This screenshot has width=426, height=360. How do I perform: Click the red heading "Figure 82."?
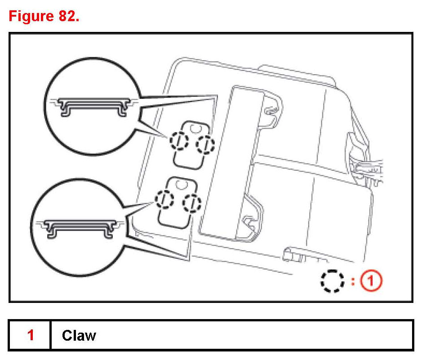click(x=44, y=17)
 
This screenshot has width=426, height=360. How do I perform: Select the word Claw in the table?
click(x=79, y=335)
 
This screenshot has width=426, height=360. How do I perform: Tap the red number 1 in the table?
click(x=31, y=335)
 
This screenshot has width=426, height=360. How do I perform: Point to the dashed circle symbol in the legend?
click(x=332, y=281)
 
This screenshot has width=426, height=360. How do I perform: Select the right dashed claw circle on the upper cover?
click(x=206, y=144)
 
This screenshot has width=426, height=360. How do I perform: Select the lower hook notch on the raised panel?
click(x=248, y=220)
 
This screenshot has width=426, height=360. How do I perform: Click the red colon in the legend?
click(x=353, y=281)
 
